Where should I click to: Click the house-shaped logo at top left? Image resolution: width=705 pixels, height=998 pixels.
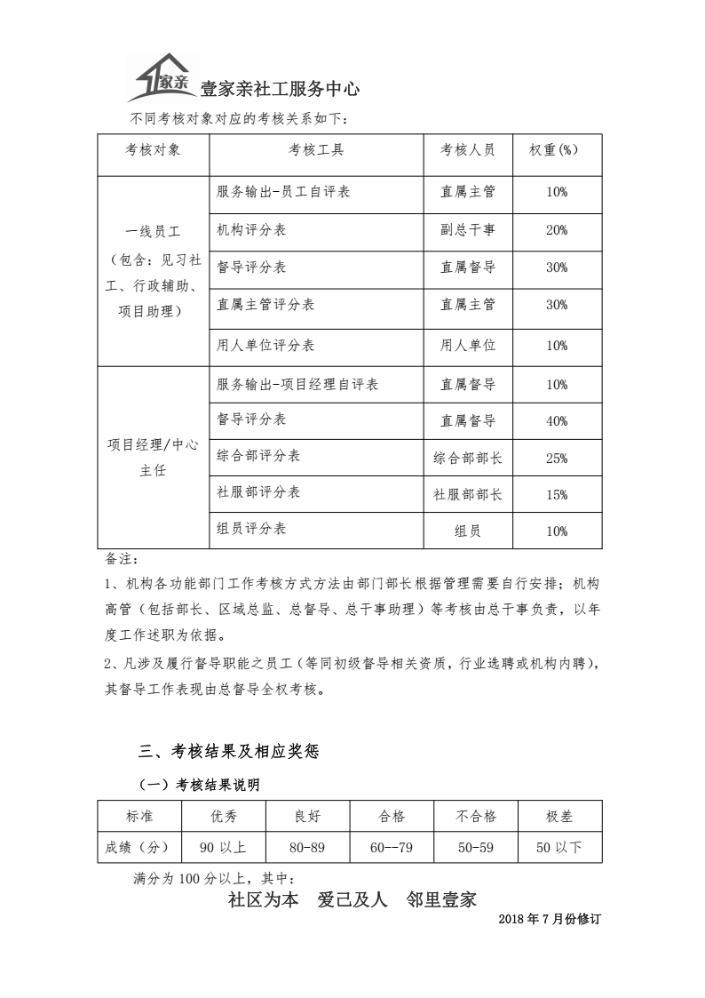pyautogui.click(x=160, y=78)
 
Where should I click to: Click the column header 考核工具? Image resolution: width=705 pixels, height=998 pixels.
pyautogui.click(x=315, y=150)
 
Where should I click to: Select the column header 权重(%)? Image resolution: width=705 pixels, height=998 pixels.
pyautogui.click(x=557, y=150)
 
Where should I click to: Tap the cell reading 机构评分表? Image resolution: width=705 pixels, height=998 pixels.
pyautogui.click(x=252, y=230)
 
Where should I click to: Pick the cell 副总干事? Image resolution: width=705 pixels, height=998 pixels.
pyautogui.click(x=468, y=230)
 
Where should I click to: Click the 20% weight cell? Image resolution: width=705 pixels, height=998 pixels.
pyautogui.click(x=557, y=230)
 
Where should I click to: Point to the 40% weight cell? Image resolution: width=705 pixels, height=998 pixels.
pyautogui.click(x=557, y=421)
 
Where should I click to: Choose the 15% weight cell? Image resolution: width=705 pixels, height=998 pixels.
pyautogui.click(x=557, y=495)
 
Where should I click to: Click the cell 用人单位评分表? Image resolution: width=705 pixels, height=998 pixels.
pyautogui.click(x=265, y=345)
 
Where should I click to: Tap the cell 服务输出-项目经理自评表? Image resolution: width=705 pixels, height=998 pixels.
pyautogui.click(x=297, y=385)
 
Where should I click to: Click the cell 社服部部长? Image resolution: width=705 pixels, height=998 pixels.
pyautogui.click(x=468, y=495)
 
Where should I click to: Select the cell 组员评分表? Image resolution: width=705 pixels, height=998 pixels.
pyautogui.click(x=252, y=529)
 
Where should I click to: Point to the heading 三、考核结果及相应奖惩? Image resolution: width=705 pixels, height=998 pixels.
pyautogui.click(x=227, y=752)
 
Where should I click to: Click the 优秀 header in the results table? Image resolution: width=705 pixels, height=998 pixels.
pyautogui.click(x=224, y=816)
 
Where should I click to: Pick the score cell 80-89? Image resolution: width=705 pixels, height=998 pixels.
pyautogui.click(x=307, y=848)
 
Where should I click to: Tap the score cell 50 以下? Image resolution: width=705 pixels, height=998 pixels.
pyautogui.click(x=559, y=848)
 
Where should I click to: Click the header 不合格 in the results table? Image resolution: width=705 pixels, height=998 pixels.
pyautogui.click(x=477, y=816)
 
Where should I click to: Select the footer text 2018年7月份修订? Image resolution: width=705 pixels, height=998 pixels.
pyautogui.click(x=550, y=919)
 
